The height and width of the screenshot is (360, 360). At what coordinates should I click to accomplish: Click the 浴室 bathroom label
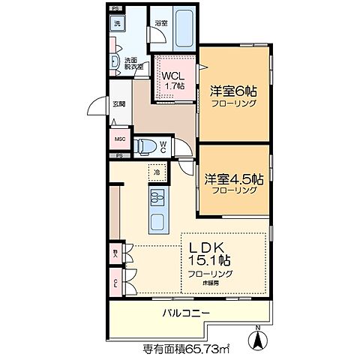coord(160,23)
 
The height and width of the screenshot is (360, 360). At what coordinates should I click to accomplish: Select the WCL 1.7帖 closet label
coord(172,80)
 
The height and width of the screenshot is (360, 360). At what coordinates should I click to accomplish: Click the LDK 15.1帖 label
coord(214,253)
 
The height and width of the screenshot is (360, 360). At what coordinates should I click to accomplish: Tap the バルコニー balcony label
coord(185,313)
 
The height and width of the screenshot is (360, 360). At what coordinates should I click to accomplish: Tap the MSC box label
coord(119,139)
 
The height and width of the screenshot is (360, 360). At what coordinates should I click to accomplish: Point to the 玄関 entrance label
coord(118,104)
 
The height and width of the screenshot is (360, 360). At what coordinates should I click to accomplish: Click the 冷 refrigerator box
coord(157,174)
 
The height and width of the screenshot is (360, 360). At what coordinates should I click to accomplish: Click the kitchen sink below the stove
coord(158,223)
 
